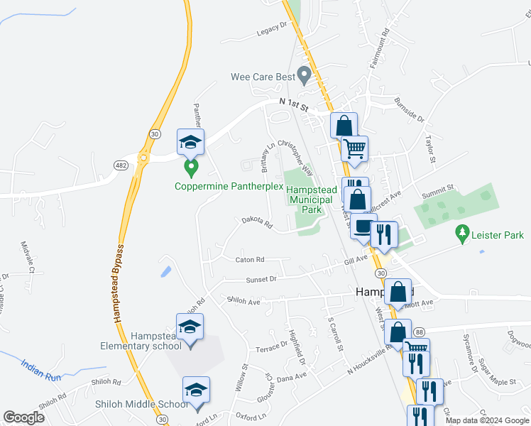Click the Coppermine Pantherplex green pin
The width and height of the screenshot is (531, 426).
coord(190,169)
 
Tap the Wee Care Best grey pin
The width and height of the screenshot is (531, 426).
coord(305,74)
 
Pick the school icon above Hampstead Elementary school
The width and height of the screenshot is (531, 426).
coord(190,327)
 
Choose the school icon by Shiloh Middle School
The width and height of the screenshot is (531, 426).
coord(197,390)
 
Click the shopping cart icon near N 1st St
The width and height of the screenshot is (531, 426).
coord(354,149)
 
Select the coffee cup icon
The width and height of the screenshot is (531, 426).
coord(363,226)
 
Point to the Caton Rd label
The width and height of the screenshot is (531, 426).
coord(249,260)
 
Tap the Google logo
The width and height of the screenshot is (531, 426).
coord(24,417)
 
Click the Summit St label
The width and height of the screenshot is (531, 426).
coord(439,189)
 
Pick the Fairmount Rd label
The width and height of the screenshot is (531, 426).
coord(385,42)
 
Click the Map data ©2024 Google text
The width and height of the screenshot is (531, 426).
coord(486,420)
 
